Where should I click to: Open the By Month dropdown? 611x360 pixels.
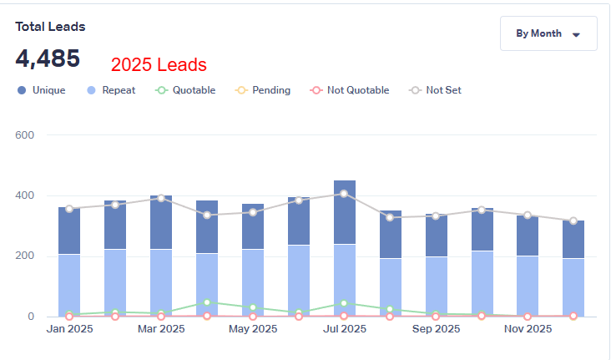click(x=548, y=34)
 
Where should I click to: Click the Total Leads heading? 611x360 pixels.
click(x=50, y=27)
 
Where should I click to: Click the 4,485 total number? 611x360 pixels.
click(x=48, y=58)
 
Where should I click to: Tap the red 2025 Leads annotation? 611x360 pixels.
click(x=159, y=65)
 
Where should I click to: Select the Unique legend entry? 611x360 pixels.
click(x=43, y=90)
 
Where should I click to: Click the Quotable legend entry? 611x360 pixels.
click(x=185, y=90)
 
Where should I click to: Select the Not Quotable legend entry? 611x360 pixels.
click(x=350, y=90)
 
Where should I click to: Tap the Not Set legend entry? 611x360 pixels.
click(x=435, y=90)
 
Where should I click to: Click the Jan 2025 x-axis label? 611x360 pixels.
click(x=69, y=329)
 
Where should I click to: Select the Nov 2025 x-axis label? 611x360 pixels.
click(x=528, y=329)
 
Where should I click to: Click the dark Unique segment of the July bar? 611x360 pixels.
click(x=345, y=217)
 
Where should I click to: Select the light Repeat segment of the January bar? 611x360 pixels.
click(x=69, y=284)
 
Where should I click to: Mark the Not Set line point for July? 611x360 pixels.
click(x=345, y=194)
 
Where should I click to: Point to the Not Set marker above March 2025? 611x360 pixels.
click(x=161, y=198)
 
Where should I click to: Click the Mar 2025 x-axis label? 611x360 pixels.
click(x=161, y=329)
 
